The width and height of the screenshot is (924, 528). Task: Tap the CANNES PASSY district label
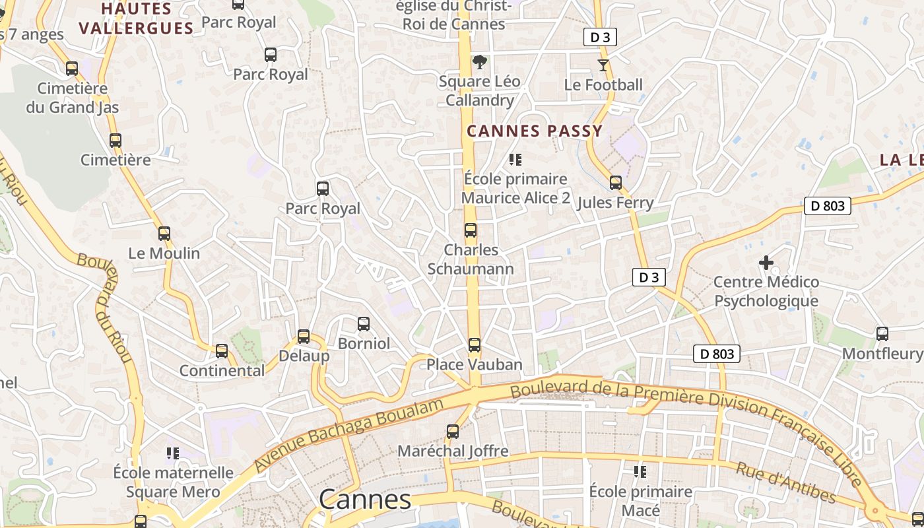(x=535, y=131)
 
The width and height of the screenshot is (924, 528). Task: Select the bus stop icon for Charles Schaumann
(x=471, y=230)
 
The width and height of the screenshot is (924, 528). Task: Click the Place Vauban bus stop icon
(x=475, y=345)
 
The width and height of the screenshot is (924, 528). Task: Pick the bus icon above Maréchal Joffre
(x=453, y=432)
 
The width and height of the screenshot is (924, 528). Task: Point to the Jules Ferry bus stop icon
(x=616, y=183)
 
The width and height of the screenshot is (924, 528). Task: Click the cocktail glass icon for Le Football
(x=603, y=65)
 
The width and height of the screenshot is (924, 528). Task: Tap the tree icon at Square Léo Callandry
(x=480, y=62)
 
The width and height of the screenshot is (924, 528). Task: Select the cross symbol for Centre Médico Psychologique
(x=766, y=263)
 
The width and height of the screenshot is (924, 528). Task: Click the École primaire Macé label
(x=640, y=501)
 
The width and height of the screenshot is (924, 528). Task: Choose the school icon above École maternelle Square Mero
(x=173, y=453)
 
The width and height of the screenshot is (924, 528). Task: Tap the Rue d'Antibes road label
(x=785, y=482)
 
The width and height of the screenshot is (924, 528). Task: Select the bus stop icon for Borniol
(x=364, y=324)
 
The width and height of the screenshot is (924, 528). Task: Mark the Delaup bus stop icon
(x=304, y=337)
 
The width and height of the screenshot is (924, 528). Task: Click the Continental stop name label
(x=222, y=370)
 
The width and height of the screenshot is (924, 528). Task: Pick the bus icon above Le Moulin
(x=164, y=234)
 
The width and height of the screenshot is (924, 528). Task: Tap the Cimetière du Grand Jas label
(x=73, y=98)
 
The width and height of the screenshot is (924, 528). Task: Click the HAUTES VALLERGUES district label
(x=136, y=18)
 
